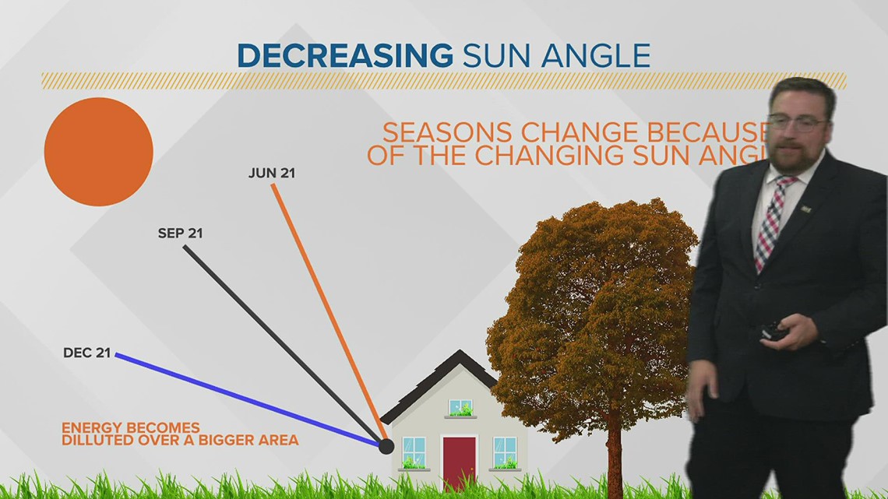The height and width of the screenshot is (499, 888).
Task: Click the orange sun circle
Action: pyautogui.click(x=98, y=152)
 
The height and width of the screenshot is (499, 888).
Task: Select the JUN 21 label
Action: pyautogui.click(x=272, y=173)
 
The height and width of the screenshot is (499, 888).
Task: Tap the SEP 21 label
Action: pyautogui.click(x=180, y=233)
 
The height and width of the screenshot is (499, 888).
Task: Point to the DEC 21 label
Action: pyautogui.click(x=86, y=353)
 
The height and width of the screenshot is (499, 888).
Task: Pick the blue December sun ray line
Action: pyautogui.click(x=249, y=399)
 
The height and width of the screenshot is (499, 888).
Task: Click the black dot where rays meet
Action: pyautogui.click(x=386, y=446)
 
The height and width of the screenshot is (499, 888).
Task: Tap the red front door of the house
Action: pyautogui.click(x=459, y=462)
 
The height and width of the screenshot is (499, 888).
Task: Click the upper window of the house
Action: pyautogui.click(x=460, y=407)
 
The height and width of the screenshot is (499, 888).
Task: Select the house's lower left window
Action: pyautogui.click(x=414, y=452)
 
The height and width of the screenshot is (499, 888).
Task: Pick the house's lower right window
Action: pyautogui.click(x=505, y=452)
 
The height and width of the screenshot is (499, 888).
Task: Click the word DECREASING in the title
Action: pyautogui.click(x=344, y=56)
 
